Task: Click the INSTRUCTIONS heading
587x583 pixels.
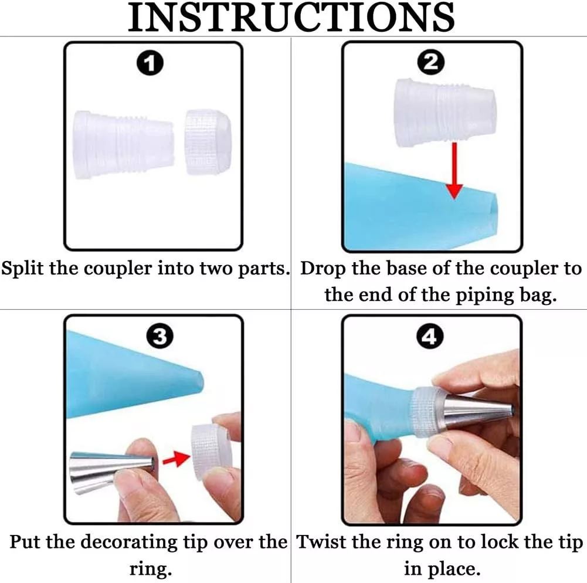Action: click(291, 17)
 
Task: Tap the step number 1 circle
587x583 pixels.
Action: click(150, 63)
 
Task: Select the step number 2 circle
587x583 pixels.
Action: click(431, 62)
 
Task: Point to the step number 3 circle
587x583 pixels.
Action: click(160, 336)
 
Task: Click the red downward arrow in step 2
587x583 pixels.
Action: click(454, 171)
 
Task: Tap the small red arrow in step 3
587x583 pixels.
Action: click(177, 459)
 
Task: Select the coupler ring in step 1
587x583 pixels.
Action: click(208, 143)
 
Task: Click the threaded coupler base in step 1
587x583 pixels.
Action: click(124, 145)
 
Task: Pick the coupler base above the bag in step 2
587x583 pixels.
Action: click(446, 113)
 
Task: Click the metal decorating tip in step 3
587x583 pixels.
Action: click(113, 472)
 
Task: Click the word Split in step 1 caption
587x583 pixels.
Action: click(22, 269)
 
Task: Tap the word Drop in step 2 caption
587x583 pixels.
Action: click(323, 269)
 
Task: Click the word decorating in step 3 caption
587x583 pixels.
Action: click(129, 543)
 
